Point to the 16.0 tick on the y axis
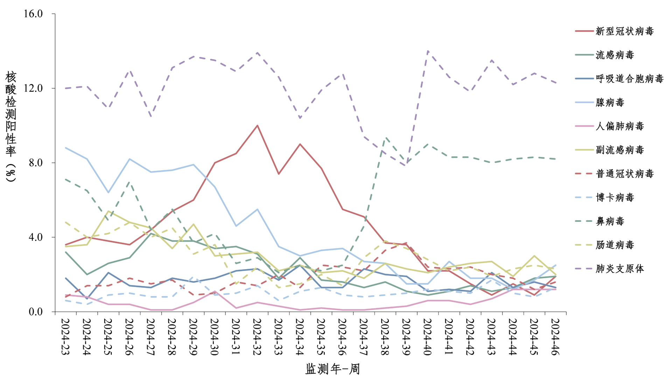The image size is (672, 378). (x=33, y=14)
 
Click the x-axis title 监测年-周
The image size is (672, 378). (x=332, y=369)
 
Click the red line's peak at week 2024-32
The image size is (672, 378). (x=257, y=125)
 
